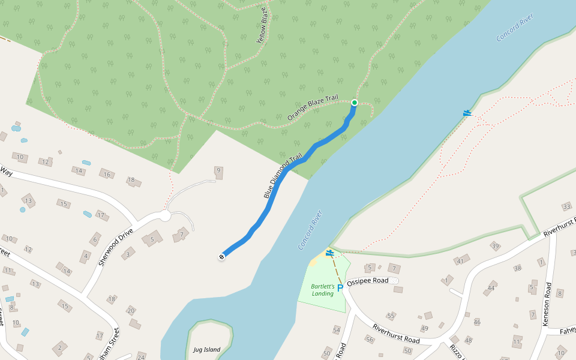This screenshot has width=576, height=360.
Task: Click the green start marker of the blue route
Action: tap(354, 103)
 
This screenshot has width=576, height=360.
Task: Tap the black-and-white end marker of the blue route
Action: tap(222, 257)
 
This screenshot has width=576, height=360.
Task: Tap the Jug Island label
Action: tap(206, 350)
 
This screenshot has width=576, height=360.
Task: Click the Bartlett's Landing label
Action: tap(322, 290)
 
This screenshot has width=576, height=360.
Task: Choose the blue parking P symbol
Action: tap(340, 289)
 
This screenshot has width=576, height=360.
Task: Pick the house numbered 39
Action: tap(495, 246)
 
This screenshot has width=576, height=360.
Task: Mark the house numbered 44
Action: tap(491, 288)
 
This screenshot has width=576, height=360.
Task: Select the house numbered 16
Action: tap(107, 175)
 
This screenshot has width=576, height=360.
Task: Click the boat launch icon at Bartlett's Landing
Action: tap(329, 253)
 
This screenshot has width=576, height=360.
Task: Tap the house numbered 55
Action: tap(391, 316)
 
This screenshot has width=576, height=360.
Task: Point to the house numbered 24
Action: tap(141, 357)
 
